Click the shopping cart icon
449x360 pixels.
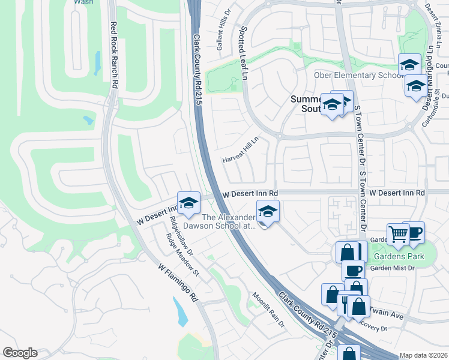(397, 234)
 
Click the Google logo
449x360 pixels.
(20, 353)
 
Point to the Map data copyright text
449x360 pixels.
(423, 355)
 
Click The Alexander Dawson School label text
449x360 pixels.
(228, 221)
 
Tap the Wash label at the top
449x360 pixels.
(83, 2)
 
